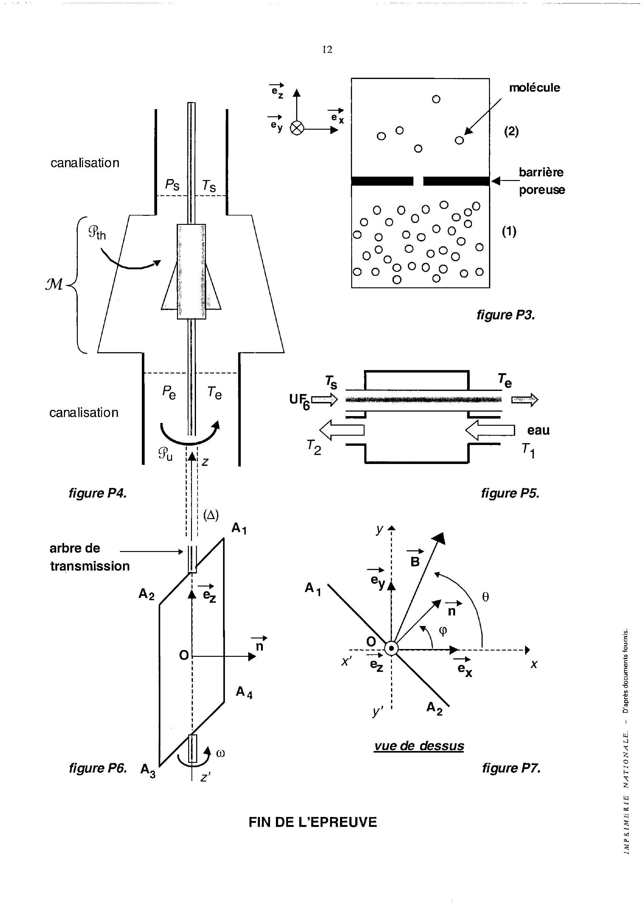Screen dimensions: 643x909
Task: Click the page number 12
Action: [327, 49]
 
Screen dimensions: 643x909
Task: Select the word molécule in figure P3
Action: [534, 87]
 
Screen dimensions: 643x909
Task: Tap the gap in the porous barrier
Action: [418, 181]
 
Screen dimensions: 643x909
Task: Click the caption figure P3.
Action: [506, 315]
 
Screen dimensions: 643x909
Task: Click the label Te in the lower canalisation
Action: [214, 393]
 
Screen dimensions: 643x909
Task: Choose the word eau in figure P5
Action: [538, 430]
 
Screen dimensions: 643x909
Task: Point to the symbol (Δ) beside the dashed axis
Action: [211, 515]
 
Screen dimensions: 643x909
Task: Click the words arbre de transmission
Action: [90, 557]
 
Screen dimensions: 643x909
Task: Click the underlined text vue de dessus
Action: [419, 746]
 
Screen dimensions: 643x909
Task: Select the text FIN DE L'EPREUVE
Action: [312, 823]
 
